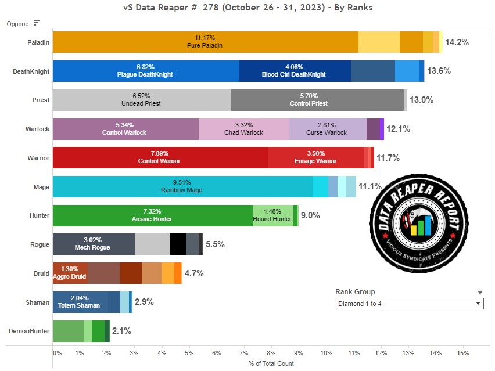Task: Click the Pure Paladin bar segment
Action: tap(205, 42)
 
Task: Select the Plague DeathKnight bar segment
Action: tap(145, 71)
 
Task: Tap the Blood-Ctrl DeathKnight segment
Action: tap(294, 71)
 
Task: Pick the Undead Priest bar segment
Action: tap(142, 100)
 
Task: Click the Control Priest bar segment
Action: tap(317, 100)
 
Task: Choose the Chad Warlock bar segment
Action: tap(244, 129)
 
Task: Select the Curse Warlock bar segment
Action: tap(328, 129)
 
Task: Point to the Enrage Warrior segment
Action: tap(316, 158)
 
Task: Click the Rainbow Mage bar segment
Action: tap(182, 187)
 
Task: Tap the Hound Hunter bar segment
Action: tap(272, 216)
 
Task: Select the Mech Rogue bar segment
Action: tap(94, 244)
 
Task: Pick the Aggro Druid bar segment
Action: tap(70, 273)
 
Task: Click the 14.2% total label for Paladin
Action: tap(457, 42)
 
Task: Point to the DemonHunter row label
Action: tap(28, 331)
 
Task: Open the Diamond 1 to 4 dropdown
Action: tap(410, 304)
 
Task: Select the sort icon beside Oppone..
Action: tap(37, 23)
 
